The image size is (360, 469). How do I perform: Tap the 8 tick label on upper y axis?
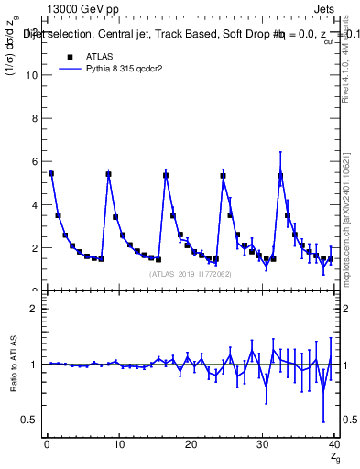(36, 118)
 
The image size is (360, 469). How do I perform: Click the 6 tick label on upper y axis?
(36, 161)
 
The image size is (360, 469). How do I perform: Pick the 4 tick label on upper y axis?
(36, 204)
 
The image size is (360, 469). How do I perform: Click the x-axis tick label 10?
(118, 443)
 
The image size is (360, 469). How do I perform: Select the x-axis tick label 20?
(190, 443)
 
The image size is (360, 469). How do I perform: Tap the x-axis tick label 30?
(262, 443)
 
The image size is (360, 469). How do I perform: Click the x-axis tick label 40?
(333, 443)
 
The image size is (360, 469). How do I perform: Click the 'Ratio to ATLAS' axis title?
(14, 365)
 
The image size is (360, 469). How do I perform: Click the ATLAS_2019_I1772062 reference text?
(190, 274)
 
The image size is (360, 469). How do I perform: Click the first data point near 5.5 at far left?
(50, 173)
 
